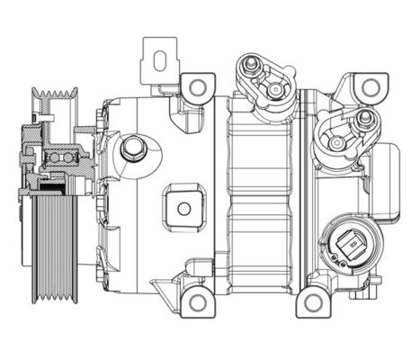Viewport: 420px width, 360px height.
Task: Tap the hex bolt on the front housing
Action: coord(134,147)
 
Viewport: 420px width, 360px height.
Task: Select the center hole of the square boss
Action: coord(184,209)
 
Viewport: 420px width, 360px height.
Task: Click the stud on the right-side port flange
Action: coord(364,117)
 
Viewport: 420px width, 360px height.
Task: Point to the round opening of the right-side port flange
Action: coord(341,143)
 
